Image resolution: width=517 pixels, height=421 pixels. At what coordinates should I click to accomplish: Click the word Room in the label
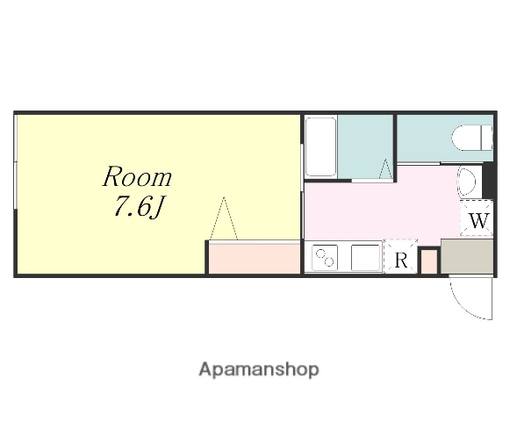137,177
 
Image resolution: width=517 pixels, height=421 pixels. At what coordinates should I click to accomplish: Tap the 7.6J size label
138,207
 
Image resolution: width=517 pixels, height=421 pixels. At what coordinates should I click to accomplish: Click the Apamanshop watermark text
259,369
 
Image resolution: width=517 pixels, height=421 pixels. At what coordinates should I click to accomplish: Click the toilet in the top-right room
472,138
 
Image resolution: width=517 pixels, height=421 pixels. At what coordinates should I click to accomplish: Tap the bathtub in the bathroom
320,147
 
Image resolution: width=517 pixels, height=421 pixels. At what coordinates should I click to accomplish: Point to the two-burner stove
325,258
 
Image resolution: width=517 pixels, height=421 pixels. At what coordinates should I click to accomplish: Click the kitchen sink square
365,258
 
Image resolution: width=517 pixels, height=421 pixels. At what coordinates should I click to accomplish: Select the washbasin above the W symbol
467,182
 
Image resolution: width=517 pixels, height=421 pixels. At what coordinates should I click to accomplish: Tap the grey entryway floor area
467,256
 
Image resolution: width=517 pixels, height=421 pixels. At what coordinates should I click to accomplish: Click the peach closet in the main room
255,259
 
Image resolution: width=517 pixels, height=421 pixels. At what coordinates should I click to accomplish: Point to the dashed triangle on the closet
224,218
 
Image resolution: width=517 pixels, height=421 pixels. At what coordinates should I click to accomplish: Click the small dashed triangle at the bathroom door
385,169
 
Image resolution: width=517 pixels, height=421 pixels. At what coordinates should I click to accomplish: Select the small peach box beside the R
429,261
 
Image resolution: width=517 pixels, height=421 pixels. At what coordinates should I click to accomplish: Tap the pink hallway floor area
379,209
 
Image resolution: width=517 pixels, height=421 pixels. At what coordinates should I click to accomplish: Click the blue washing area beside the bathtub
364,146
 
